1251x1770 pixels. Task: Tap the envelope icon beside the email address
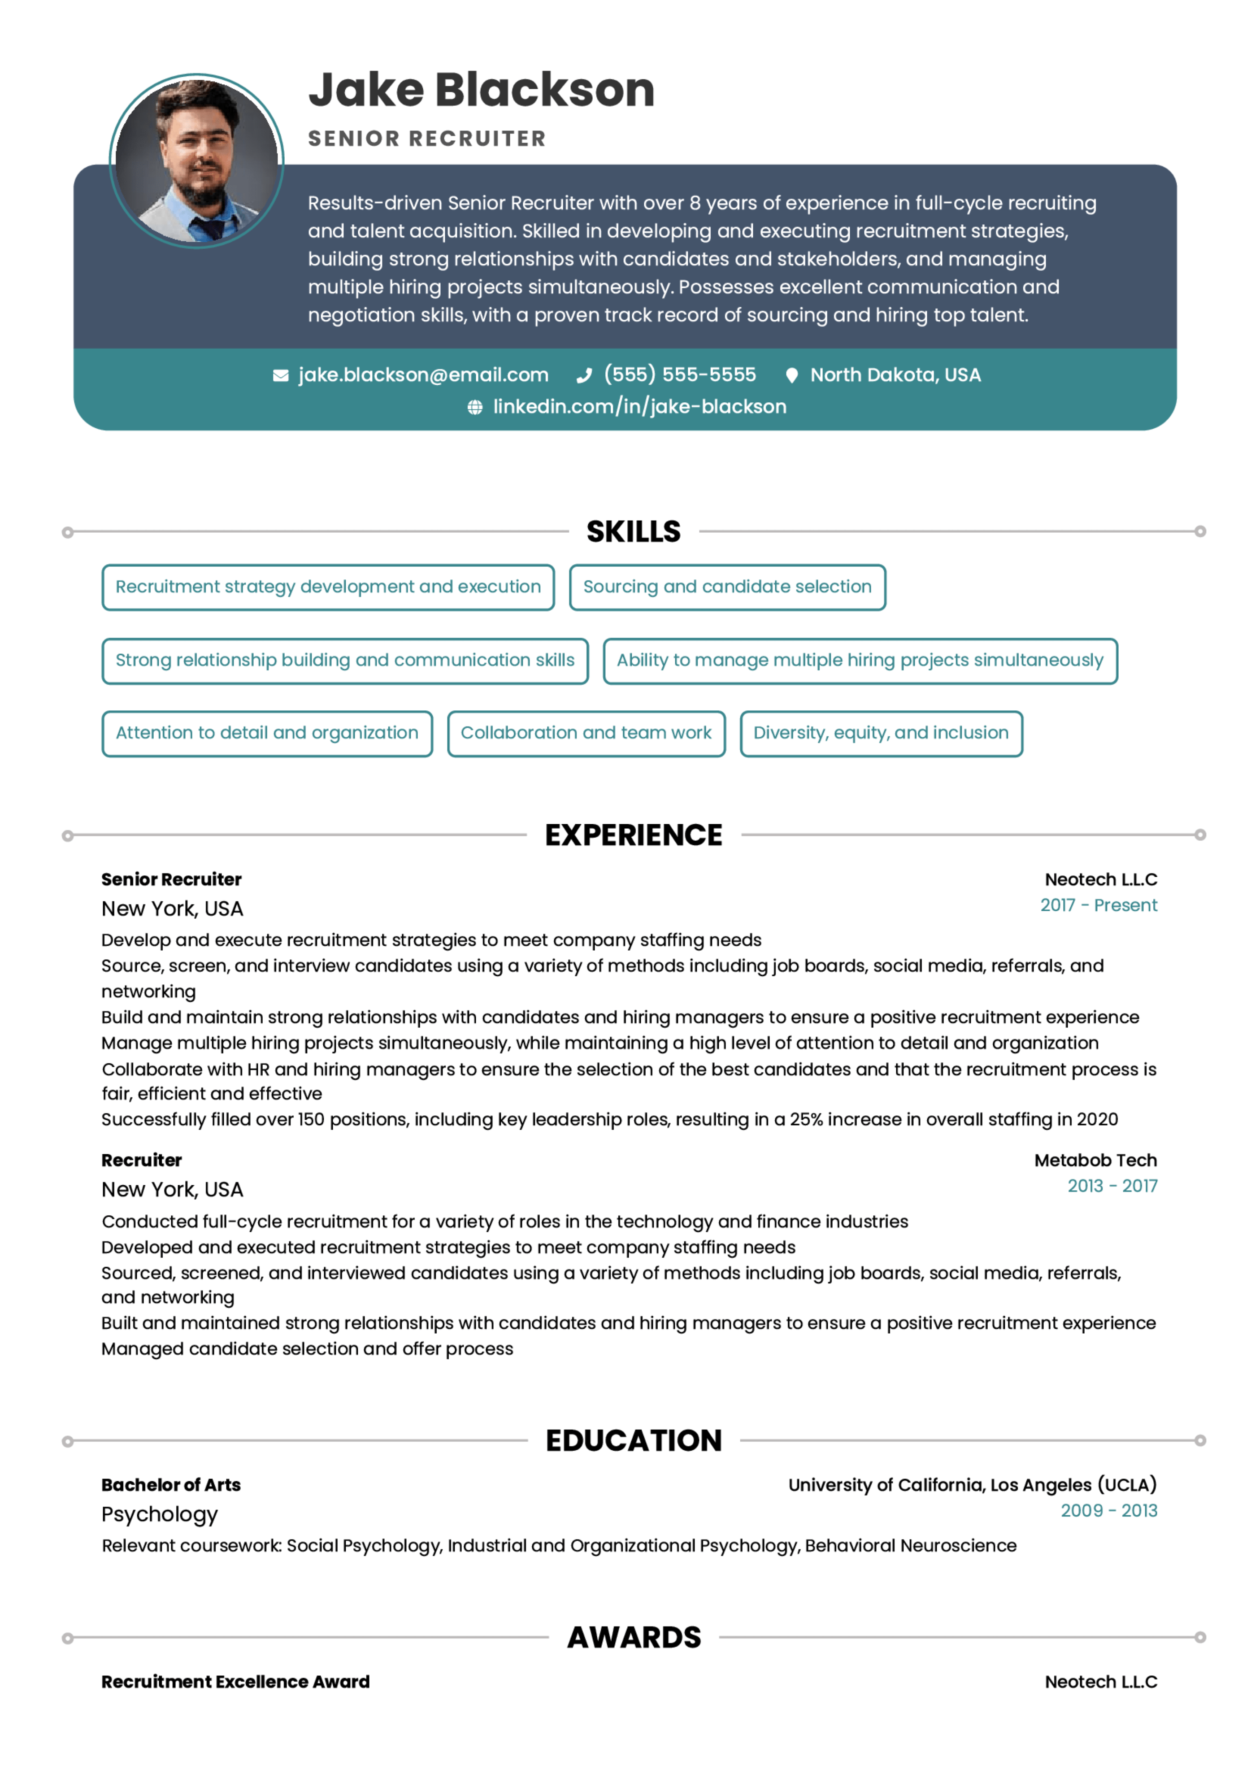pyautogui.click(x=281, y=375)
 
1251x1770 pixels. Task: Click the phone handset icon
pyautogui.click(x=584, y=375)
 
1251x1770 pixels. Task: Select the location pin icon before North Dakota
pyautogui.click(x=791, y=375)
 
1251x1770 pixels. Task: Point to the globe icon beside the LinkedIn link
pyautogui.click(x=475, y=407)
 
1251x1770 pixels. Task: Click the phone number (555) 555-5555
pyautogui.click(x=680, y=374)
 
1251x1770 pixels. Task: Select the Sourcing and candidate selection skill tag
pyautogui.click(x=727, y=587)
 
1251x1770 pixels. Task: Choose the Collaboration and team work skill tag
pyautogui.click(x=586, y=733)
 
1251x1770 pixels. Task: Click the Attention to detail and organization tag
pyautogui.click(x=267, y=733)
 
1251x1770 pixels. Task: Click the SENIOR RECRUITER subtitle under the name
pyautogui.click(x=427, y=139)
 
